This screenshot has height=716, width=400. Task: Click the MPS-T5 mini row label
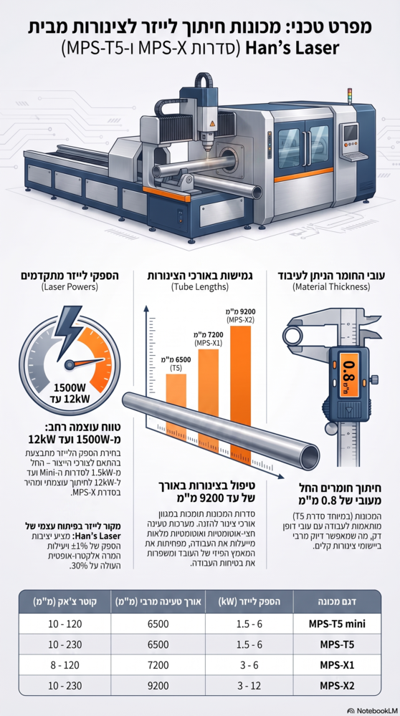[338, 624]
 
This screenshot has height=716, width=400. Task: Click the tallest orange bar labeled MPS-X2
[240, 374]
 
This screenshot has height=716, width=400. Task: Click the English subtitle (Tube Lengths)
[200, 288]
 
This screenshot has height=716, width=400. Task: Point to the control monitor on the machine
[351, 132]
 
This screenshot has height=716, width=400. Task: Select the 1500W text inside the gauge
[70, 389]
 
